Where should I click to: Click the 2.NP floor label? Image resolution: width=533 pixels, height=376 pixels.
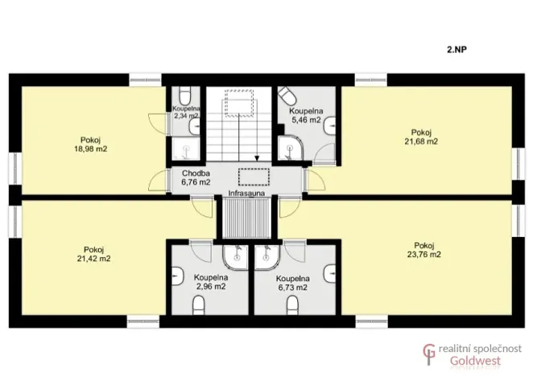(x=457, y=48)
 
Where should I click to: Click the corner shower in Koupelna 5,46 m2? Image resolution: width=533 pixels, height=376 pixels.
(x=287, y=148)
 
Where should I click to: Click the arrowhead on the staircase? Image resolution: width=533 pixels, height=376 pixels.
(x=257, y=158)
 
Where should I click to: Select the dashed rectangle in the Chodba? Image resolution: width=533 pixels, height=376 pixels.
(x=254, y=176)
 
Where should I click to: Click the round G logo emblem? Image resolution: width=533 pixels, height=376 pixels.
(x=431, y=354)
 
